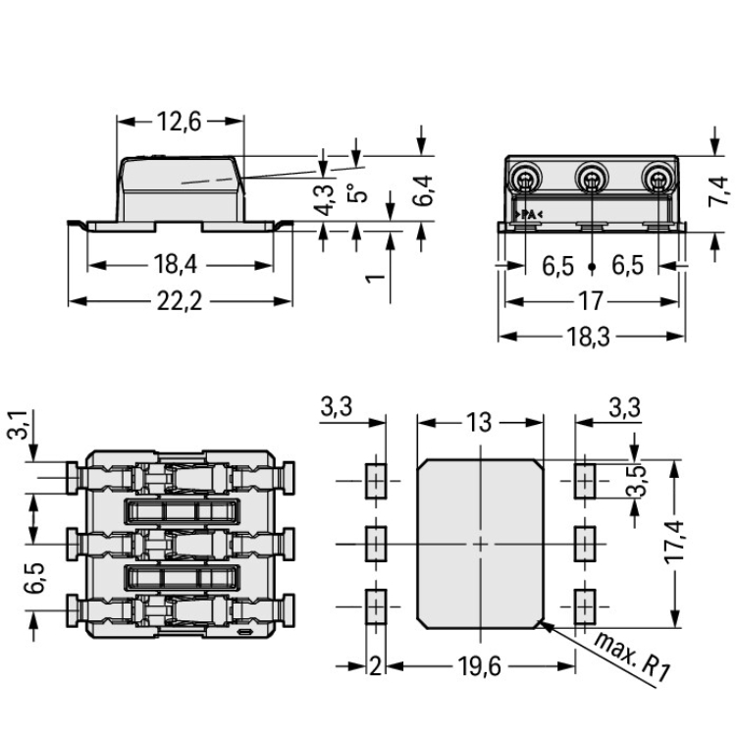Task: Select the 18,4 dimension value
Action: (x=179, y=264)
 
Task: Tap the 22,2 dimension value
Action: (x=179, y=301)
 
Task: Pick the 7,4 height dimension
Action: (x=718, y=189)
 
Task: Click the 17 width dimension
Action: (x=591, y=301)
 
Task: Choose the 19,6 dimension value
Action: (x=480, y=668)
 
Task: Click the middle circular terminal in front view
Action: (x=591, y=180)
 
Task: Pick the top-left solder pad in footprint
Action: (x=374, y=481)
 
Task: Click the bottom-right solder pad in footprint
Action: (x=584, y=605)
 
